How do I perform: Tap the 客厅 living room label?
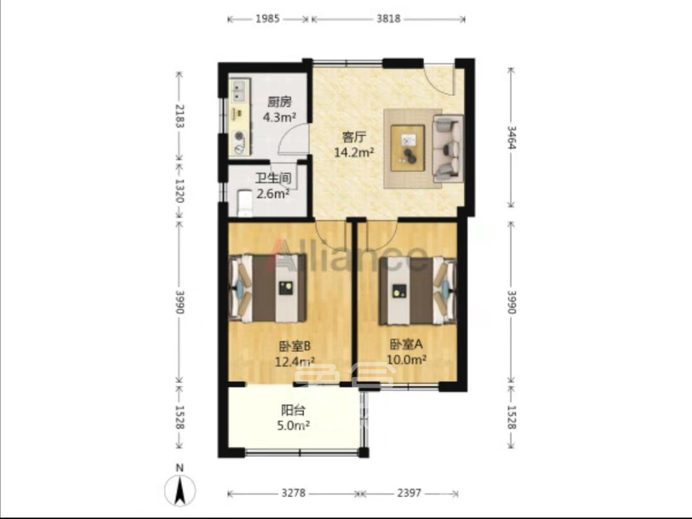click(354, 137)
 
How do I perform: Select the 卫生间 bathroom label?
click(273, 178)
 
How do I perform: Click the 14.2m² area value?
click(354, 152)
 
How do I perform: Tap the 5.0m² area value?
click(293, 424)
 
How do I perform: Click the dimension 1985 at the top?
click(267, 19)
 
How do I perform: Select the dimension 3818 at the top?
click(388, 19)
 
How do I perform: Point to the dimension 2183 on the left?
click(180, 116)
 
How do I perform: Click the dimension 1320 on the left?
click(180, 190)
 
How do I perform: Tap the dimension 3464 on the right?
click(511, 137)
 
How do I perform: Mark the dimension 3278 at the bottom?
click(293, 493)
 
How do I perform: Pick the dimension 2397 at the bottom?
click(408, 493)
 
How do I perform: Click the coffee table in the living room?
click(408, 148)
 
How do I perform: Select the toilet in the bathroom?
click(243, 202)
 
